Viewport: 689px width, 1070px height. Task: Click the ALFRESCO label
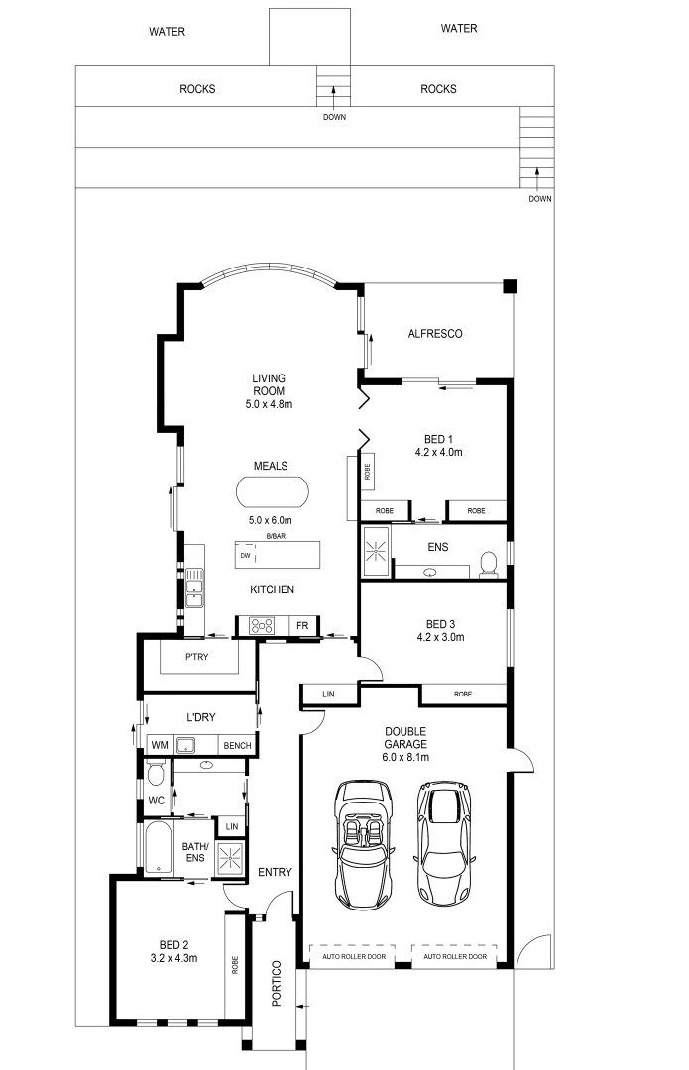coord(435,334)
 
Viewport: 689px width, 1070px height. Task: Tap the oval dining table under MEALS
coord(272,492)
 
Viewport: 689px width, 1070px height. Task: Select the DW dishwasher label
coord(244,556)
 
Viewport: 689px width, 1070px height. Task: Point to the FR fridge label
coord(302,626)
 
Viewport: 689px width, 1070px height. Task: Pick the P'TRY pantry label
coord(201,657)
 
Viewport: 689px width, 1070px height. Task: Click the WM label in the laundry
coord(159,745)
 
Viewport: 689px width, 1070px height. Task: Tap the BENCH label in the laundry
coord(236,745)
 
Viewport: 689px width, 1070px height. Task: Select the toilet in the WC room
coord(155,772)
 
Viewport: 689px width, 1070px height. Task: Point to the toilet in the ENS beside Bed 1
coord(488,564)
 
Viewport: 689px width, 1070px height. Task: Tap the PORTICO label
coord(277,983)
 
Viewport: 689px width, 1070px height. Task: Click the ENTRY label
coord(275,872)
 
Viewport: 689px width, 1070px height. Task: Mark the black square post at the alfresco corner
coord(510,287)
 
